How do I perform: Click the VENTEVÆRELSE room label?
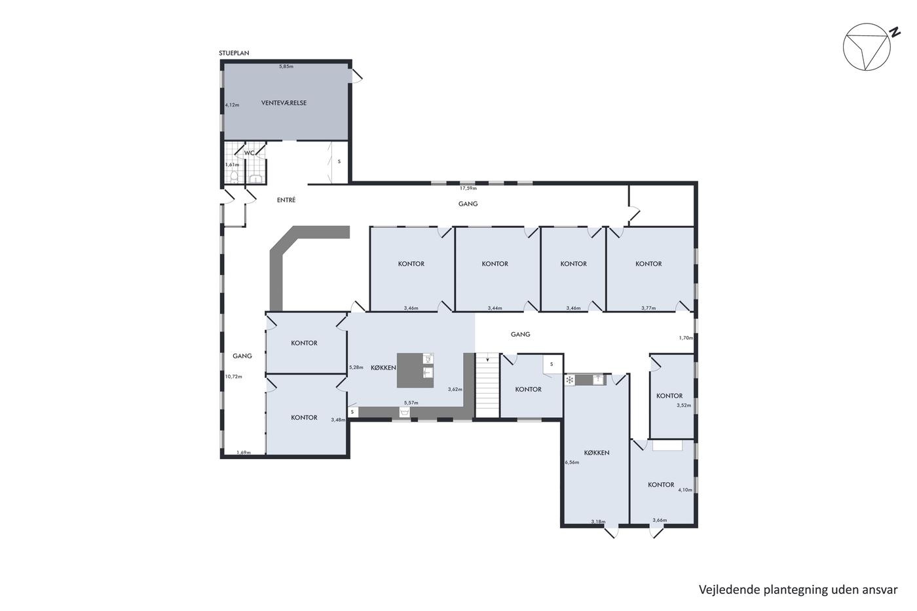tap(284, 103)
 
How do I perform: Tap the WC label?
tap(250, 153)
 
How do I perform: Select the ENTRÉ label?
tap(286, 200)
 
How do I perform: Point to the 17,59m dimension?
tap(468, 188)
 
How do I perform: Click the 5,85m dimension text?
tap(286, 66)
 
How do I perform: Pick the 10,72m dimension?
tap(233, 377)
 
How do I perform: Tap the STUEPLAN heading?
tap(234, 53)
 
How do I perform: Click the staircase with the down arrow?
tap(487, 385)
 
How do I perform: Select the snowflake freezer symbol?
tap(569, 380)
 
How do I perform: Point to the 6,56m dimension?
tap(572, 462)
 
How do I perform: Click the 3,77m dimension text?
tap(648, 308)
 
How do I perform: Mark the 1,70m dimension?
tap(686, 338)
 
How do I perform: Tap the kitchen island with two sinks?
tap(415, 370)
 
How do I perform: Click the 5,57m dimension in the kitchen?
tap(411, 403)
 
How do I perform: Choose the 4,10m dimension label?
tap(685, 490)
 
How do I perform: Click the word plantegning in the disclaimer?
tap(775, 590)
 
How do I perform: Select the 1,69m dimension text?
tap(244, 453)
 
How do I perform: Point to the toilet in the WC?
tap(234, 177)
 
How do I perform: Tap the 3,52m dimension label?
tap(684, 405)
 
